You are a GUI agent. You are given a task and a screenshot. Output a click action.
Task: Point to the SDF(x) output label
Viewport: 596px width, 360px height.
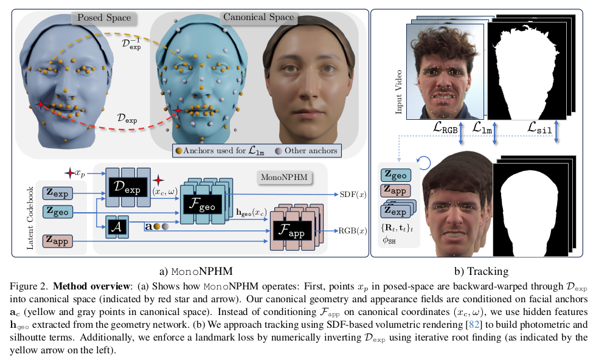352,194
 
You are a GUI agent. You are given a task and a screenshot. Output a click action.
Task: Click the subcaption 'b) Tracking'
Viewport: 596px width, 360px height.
483,270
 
